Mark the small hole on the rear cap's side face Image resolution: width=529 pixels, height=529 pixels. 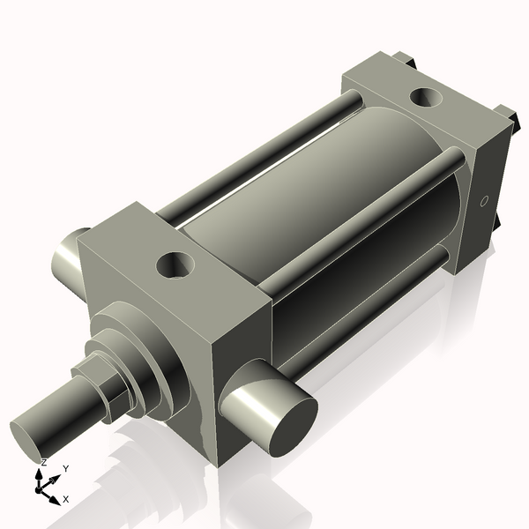pyautogui.click(x=483, y=202)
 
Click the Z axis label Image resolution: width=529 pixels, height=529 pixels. pyautogui.click(x=44, y=462)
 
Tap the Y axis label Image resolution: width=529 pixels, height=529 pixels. pyautogui.click(x=66, y=469)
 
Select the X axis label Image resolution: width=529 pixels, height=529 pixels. pyautogui.click(x=67, y=499)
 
